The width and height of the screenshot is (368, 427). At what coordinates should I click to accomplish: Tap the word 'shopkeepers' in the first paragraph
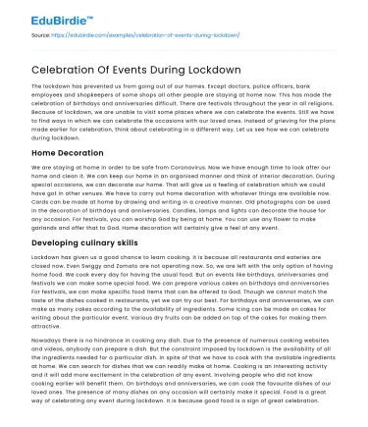click(x=114, y=96)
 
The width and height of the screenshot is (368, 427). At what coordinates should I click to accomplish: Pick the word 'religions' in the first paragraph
click(x=318, y=103)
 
